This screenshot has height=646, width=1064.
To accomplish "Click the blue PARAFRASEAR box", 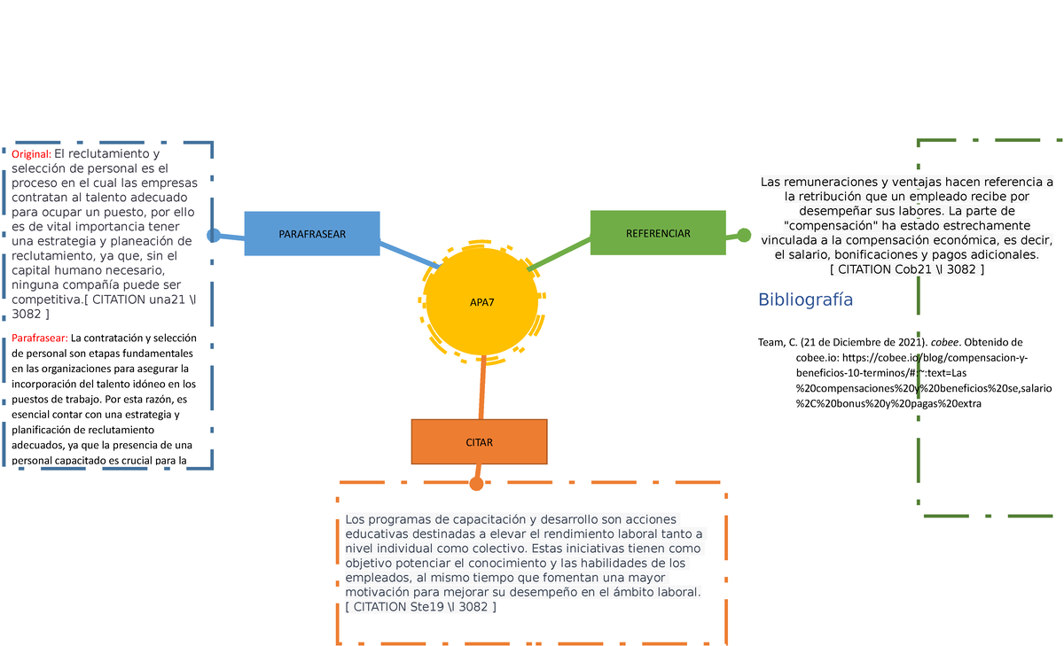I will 312,234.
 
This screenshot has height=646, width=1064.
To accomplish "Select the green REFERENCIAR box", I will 658,233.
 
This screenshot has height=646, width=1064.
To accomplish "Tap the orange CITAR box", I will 479,441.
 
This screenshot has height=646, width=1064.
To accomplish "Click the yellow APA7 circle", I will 481,302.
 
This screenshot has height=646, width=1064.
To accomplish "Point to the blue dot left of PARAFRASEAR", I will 214,235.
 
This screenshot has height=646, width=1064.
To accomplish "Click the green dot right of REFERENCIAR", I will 744,235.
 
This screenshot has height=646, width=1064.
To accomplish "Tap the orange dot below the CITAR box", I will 476,483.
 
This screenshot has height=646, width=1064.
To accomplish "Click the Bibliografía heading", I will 805,300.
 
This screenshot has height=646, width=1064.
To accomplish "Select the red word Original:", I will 31,154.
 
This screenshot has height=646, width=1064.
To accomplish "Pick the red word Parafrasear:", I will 39,337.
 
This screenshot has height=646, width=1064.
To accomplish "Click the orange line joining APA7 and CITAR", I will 482,390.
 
